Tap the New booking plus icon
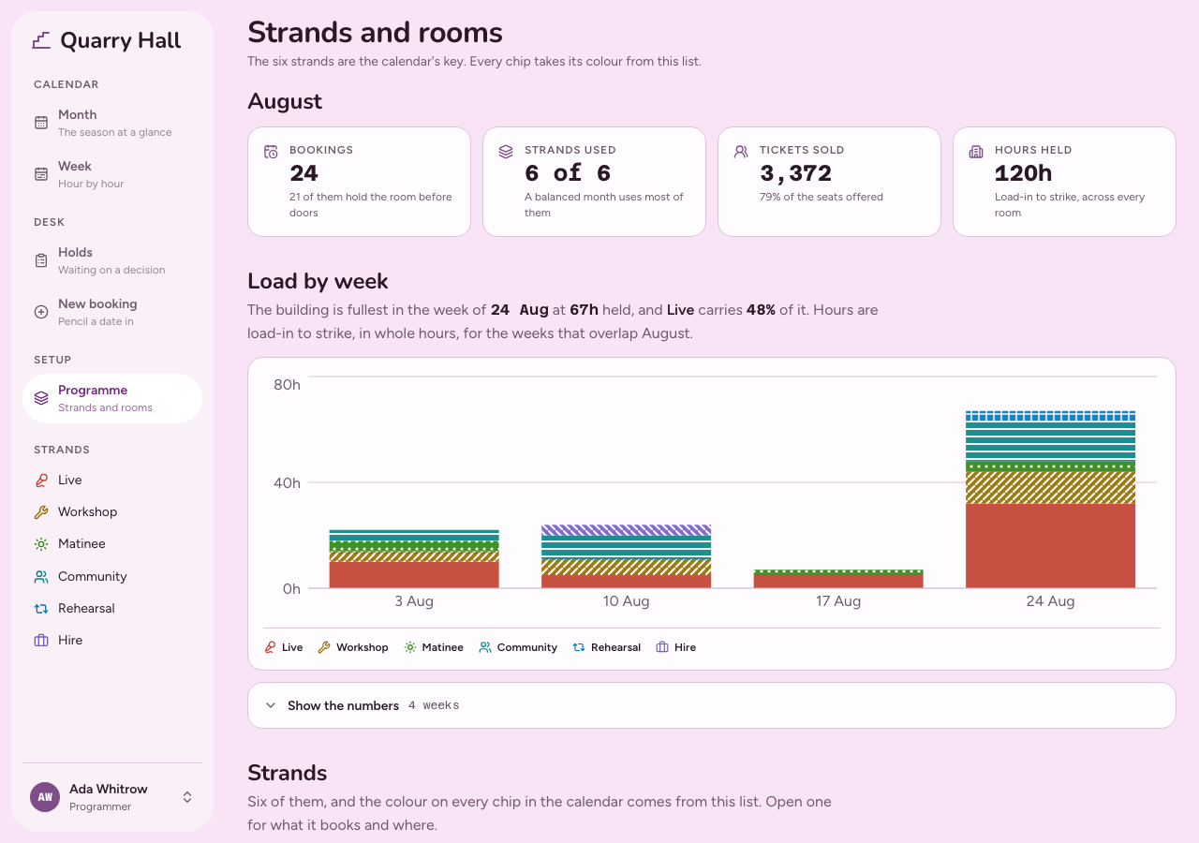click(41, 312)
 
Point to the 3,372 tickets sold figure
click(795, 173)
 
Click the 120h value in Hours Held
click(1023, 173)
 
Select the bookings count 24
click(304, 173)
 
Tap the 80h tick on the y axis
click(287, 385)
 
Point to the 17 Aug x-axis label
click(838, 601)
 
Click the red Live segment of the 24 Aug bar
click(1050, 545)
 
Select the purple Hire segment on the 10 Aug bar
click(627, 530)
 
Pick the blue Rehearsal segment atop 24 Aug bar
click(1050, 416)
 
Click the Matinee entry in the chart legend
click(434, 647)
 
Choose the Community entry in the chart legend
click(518, 647)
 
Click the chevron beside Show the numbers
click(271, 705)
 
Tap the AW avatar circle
click(45, 797)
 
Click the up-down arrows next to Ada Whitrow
click(187, 797)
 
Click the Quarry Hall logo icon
click(41, 40)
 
